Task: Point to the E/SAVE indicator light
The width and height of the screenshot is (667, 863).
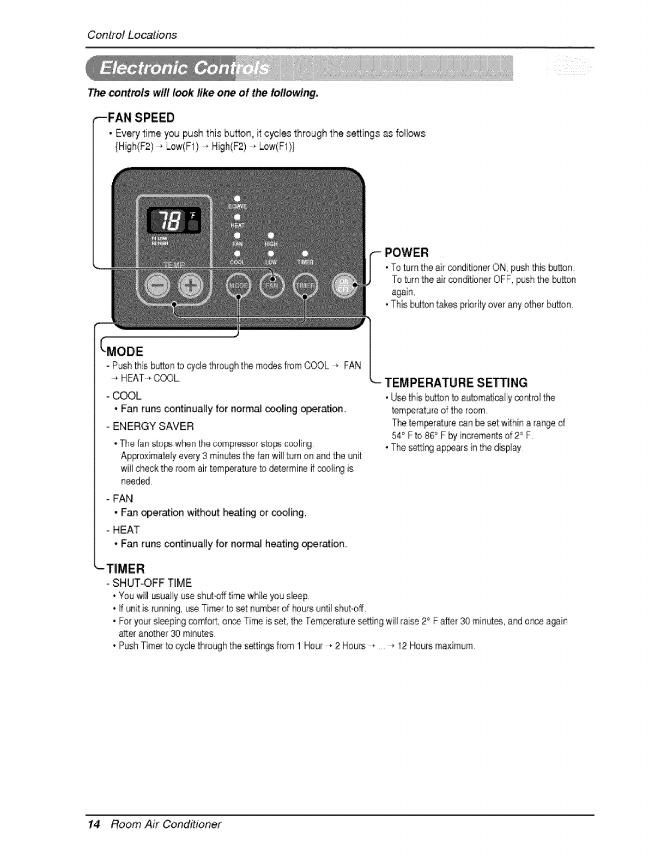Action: tap(237, 197)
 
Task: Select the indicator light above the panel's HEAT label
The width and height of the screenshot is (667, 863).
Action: tap(237, 217)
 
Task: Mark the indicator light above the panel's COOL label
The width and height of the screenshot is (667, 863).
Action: tap(237, 253)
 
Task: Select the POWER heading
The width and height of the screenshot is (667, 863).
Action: tap(407, 253)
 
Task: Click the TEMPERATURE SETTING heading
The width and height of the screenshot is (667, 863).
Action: tap(456, 381)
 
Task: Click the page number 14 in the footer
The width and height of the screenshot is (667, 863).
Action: tap(93, 824)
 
